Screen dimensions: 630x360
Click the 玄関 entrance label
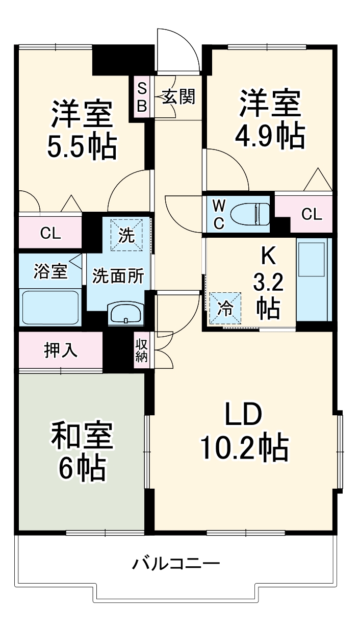pyautogui.click(x=178, y=96)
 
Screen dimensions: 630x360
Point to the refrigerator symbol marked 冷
pyautogui.click(x=225, y=307)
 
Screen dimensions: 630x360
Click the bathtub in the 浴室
pyautogui.click(x=50, y=307)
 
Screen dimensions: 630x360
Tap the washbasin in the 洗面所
pyautogui.click(x=126, y=312)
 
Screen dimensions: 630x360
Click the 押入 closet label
pyautogui.click(x=60, y=350)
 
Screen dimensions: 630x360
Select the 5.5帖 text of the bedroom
pyautogui.click(x=82, y=146)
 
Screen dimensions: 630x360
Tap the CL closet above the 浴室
pyautogui.click(x=50, y=234)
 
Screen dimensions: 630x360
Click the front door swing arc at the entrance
pyautogui.click(x=178, y=51)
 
